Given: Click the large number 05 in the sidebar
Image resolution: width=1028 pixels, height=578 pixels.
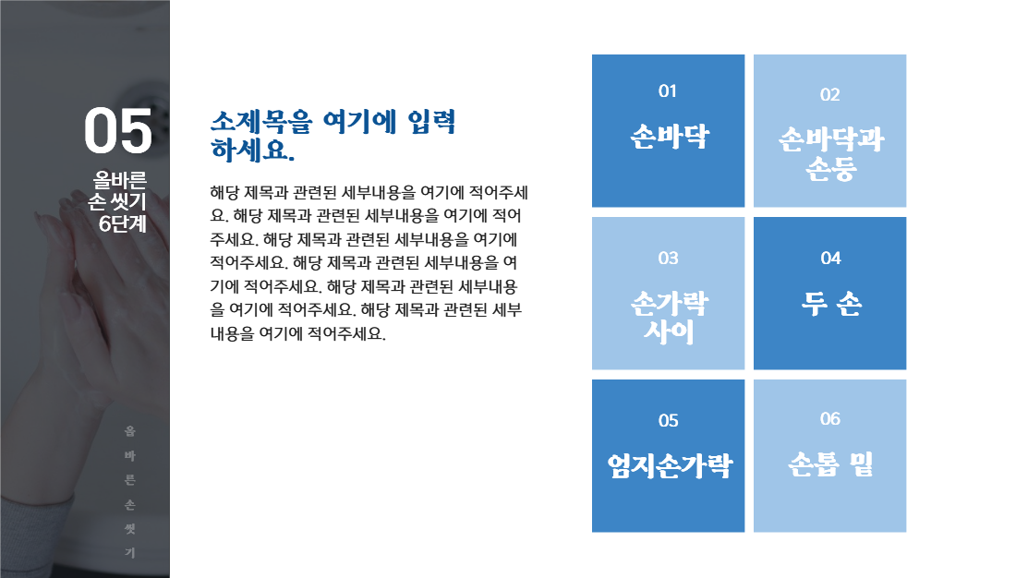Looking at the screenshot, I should point(118,131).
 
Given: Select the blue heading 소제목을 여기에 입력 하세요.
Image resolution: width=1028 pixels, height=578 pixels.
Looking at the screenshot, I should point(333,135).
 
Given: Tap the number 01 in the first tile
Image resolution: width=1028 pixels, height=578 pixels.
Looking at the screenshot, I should point(668,91).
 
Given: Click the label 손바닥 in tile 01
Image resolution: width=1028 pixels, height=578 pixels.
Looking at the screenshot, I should point(669,137).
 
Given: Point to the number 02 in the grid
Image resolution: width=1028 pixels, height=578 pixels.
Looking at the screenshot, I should point(829,94).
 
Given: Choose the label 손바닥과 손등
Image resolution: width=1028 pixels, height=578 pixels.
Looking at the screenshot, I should point(830,154).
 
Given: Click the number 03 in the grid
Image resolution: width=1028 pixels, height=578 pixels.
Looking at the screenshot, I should point(668,258).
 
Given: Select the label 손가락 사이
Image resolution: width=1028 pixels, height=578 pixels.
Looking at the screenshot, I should point(669,317).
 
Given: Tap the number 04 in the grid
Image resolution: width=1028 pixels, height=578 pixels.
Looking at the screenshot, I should point(830,258).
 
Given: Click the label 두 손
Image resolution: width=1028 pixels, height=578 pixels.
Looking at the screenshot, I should point(830,303).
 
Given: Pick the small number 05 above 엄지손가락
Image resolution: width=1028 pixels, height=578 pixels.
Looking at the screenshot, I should point(668,421).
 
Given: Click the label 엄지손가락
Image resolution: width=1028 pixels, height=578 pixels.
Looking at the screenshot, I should point(669,465).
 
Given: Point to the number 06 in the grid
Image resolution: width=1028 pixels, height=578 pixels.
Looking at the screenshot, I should point(829,419).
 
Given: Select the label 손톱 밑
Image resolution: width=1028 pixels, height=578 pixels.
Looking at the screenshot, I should point(830,464).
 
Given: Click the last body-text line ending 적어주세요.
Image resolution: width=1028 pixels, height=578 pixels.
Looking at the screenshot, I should point(297,333).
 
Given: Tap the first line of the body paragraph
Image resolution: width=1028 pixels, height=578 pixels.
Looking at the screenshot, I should point(369,194).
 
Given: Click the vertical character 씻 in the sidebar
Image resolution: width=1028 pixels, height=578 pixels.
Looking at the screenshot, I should point(130,529).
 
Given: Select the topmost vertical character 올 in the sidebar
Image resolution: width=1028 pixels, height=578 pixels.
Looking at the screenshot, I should point(130,431).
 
